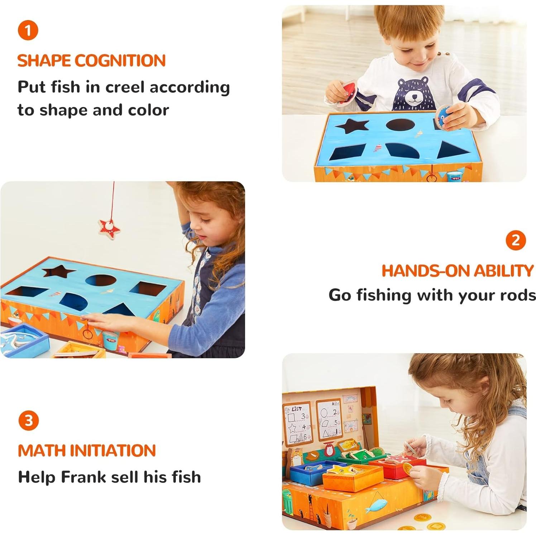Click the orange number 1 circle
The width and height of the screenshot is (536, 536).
(28, 30)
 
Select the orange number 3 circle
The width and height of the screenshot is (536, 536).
(29, 420)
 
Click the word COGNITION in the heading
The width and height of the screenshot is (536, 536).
(120, 61)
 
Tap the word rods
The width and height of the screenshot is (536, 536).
(518, 295)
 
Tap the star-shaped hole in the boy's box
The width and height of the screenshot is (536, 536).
(352, 125)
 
